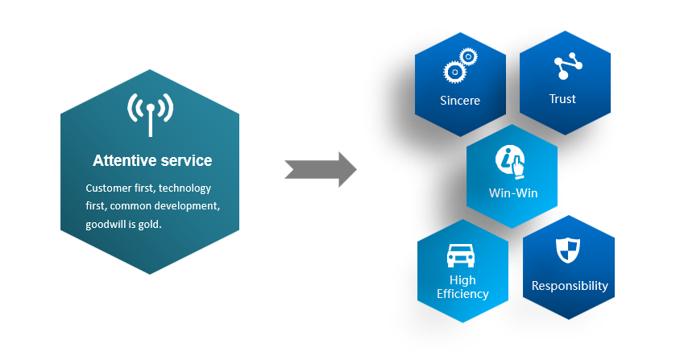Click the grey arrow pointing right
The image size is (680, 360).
[321, 169]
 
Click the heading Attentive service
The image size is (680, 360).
[152, 160]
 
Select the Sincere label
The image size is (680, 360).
[460, 101]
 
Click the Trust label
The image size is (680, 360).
[562, 99]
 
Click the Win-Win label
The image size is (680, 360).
[513, 193]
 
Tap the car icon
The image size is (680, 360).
[462, 255]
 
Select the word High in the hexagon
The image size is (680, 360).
[462, 280]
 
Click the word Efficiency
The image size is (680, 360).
[462, 294]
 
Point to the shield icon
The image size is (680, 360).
[568, 250]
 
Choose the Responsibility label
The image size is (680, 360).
[570, 286]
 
